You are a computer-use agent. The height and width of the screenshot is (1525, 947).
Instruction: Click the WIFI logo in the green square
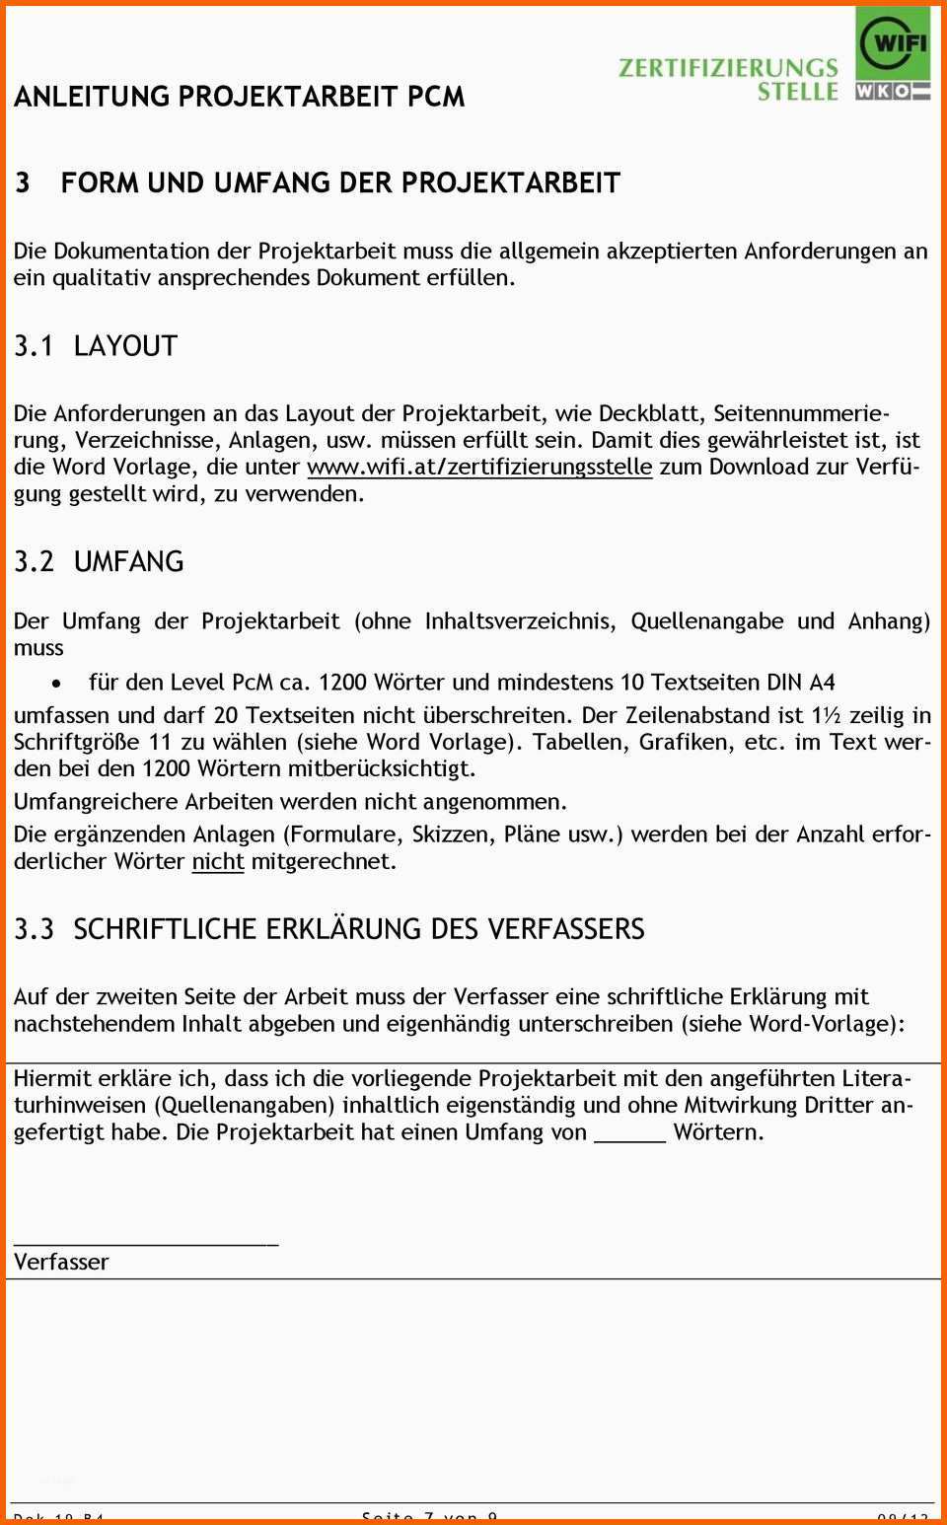[x=892, y=43]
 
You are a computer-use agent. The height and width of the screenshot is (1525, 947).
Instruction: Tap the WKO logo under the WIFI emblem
[x=892, y=91]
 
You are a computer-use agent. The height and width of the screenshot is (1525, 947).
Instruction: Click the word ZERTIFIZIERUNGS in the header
[x=728, y=67]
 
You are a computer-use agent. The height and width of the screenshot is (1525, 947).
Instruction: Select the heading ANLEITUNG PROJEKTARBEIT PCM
[x=239, y=97]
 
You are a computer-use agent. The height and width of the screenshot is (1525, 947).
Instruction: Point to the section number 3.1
[x=34, y=346]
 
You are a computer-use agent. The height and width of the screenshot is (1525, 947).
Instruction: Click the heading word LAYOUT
[x=125, y=346]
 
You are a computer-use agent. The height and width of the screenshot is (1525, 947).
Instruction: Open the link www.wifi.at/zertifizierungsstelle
[x=479, y=467]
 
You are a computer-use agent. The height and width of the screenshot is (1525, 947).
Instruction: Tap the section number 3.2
[x=34, y=561]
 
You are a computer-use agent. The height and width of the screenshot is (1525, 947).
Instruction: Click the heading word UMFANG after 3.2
[x=128, y=561]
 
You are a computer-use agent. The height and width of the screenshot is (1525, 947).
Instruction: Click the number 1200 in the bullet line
[x=342, y=682]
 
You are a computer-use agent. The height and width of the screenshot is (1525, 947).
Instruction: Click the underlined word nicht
[x=217, y=861]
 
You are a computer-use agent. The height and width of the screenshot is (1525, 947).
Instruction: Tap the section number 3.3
[x=34, y=929]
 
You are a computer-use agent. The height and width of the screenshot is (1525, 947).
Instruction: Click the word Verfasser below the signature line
[x=61, y=1262]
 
